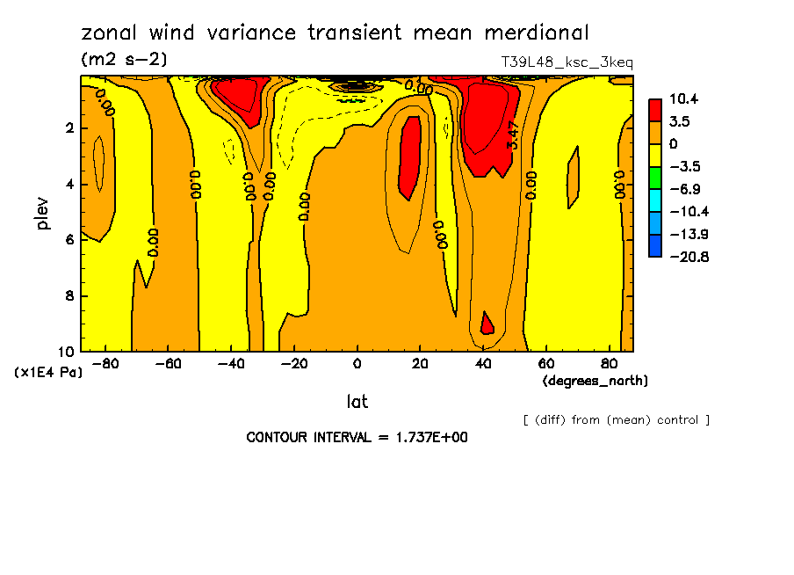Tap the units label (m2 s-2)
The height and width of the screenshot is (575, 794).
(123, 60)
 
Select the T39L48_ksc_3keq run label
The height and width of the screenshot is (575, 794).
(567, 62)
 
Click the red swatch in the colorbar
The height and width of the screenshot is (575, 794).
(655, 110)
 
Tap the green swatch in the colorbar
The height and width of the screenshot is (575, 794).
(655, 178)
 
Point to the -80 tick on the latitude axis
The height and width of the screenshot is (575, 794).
(105, 363)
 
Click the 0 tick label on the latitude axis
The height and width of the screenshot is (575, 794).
(357, 363)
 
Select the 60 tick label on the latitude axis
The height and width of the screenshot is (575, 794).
(545, 363)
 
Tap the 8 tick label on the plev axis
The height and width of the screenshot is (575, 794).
(69, 296)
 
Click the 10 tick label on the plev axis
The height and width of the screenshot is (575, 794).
(66, 352)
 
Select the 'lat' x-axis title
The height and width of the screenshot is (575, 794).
(357, 402)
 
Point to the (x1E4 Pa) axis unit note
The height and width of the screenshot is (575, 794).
(49, 373)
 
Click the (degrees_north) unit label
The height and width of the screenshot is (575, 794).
(596, 381)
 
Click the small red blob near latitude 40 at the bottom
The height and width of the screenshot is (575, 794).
(486, 324)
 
